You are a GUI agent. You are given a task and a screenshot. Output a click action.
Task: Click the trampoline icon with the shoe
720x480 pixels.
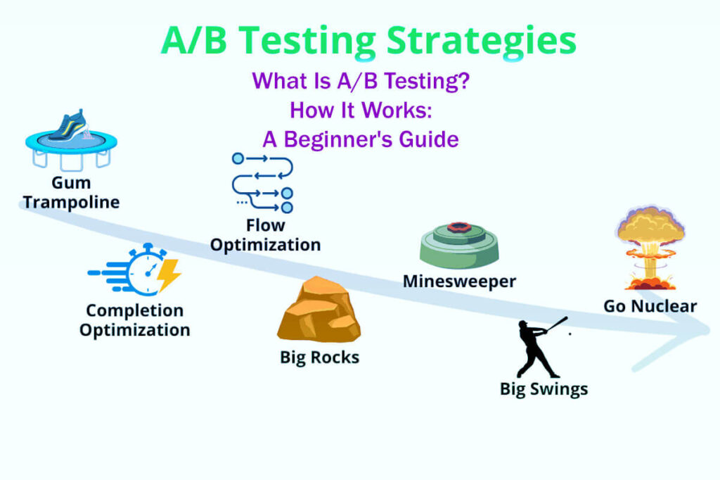[x=70, y=144]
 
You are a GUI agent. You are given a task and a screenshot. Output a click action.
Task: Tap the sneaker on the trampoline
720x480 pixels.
[x=67, y=127]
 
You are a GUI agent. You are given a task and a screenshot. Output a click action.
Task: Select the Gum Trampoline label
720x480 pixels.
[x=71, y=193]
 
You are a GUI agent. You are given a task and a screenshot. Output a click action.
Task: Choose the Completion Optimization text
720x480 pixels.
[x=134, y=320]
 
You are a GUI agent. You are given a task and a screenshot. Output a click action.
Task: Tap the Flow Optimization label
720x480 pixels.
[x=266, y=236]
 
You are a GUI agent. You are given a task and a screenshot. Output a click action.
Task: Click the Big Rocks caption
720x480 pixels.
[x=319, y=358]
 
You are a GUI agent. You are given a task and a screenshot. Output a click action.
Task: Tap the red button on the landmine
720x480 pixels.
[x=461, y=227]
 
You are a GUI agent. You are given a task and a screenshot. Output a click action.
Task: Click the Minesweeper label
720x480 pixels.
[x=459, y=282]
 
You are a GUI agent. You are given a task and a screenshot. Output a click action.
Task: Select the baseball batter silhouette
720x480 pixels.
[x=538, y=347]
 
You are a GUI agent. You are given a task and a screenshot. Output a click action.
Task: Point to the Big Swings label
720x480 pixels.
[x=544, y=389]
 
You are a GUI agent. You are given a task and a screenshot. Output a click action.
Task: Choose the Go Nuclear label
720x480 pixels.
[x=650, y=306]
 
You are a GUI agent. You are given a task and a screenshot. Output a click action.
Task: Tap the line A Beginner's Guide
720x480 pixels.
[x=360, y=139]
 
